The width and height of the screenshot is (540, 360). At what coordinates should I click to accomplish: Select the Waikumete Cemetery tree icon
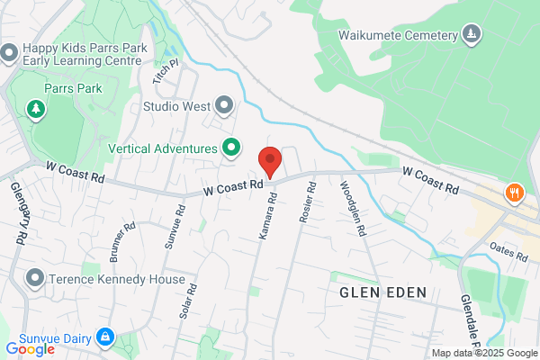[471, 35]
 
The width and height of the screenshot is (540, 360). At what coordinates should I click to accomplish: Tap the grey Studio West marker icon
[223, 106]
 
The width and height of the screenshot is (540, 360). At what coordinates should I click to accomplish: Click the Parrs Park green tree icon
[36, 110]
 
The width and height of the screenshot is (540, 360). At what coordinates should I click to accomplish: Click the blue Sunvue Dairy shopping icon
[105, 337]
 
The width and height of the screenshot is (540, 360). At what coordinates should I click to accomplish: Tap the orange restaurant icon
[514, 192]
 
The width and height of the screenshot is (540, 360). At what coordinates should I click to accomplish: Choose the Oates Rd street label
[508, 251]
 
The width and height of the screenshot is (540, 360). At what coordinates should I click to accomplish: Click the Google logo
[31, 348]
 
